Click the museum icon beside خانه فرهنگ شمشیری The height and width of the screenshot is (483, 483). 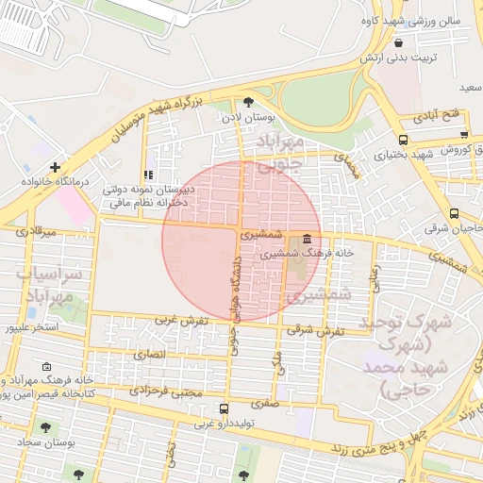click(x=308, y=238)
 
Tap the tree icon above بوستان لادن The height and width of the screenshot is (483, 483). click(x=248, y=102)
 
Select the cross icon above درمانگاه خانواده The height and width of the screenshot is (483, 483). click(x=55, y=167)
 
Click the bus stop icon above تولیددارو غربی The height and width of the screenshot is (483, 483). click(x=224, y=409)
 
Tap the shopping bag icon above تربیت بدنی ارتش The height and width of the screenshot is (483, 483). click(x=398, y=43)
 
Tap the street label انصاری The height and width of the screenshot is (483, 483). click(x=149, y=354)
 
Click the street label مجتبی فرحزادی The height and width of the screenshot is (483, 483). click(x=165, y=390)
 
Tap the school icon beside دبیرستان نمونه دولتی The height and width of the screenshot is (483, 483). click(x=147, y=175)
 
